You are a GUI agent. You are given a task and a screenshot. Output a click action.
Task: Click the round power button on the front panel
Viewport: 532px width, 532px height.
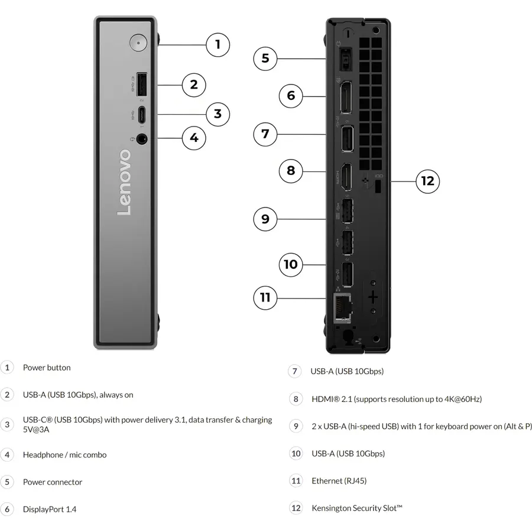click(x=138, y=43)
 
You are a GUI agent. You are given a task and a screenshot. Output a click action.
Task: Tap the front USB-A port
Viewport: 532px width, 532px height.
click(x=141, y=85)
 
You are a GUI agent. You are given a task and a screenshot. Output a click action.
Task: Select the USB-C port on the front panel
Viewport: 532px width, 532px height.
click(x=141, y=114)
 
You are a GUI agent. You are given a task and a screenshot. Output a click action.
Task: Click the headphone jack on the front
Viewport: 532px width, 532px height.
click(x=141, y=139)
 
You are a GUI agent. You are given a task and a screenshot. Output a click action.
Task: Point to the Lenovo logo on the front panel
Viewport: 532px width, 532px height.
click(x=124, y=182)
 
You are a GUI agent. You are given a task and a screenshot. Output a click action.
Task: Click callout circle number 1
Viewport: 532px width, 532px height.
click(x=218, y=45)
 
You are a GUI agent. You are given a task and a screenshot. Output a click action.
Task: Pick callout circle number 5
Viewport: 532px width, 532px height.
click(x=265, y=59)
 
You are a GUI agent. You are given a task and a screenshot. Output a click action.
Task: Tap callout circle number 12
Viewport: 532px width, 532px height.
click(x=428, y=181)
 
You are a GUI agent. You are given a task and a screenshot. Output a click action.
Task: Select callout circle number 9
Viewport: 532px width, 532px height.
click(x=265, y=219)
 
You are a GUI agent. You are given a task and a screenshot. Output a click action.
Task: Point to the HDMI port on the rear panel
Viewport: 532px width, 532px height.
click(x=346, y=177)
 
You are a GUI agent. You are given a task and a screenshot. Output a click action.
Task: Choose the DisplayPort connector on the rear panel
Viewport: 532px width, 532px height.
click(x=346, y=98)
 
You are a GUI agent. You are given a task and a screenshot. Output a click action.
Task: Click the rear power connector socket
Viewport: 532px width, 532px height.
click(x=345, y=60)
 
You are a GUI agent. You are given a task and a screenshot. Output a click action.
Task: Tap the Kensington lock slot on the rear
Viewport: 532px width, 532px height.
click(x=378, y=187)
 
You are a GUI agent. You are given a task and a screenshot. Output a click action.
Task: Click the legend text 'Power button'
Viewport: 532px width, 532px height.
click(x=47, y=368)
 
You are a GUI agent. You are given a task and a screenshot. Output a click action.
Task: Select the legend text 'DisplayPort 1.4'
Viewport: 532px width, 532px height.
click(x=50, y=510)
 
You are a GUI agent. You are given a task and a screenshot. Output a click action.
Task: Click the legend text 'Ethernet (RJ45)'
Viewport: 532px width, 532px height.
click(x=339, y=481)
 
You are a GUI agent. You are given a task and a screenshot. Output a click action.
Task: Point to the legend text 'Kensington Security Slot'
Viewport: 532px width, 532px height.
click(x=357, y=508)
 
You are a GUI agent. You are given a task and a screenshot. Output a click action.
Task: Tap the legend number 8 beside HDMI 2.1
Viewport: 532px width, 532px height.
click(x=296, y=399)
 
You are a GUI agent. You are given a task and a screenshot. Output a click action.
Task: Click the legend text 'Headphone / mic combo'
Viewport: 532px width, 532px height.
click(x=65, y=455)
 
